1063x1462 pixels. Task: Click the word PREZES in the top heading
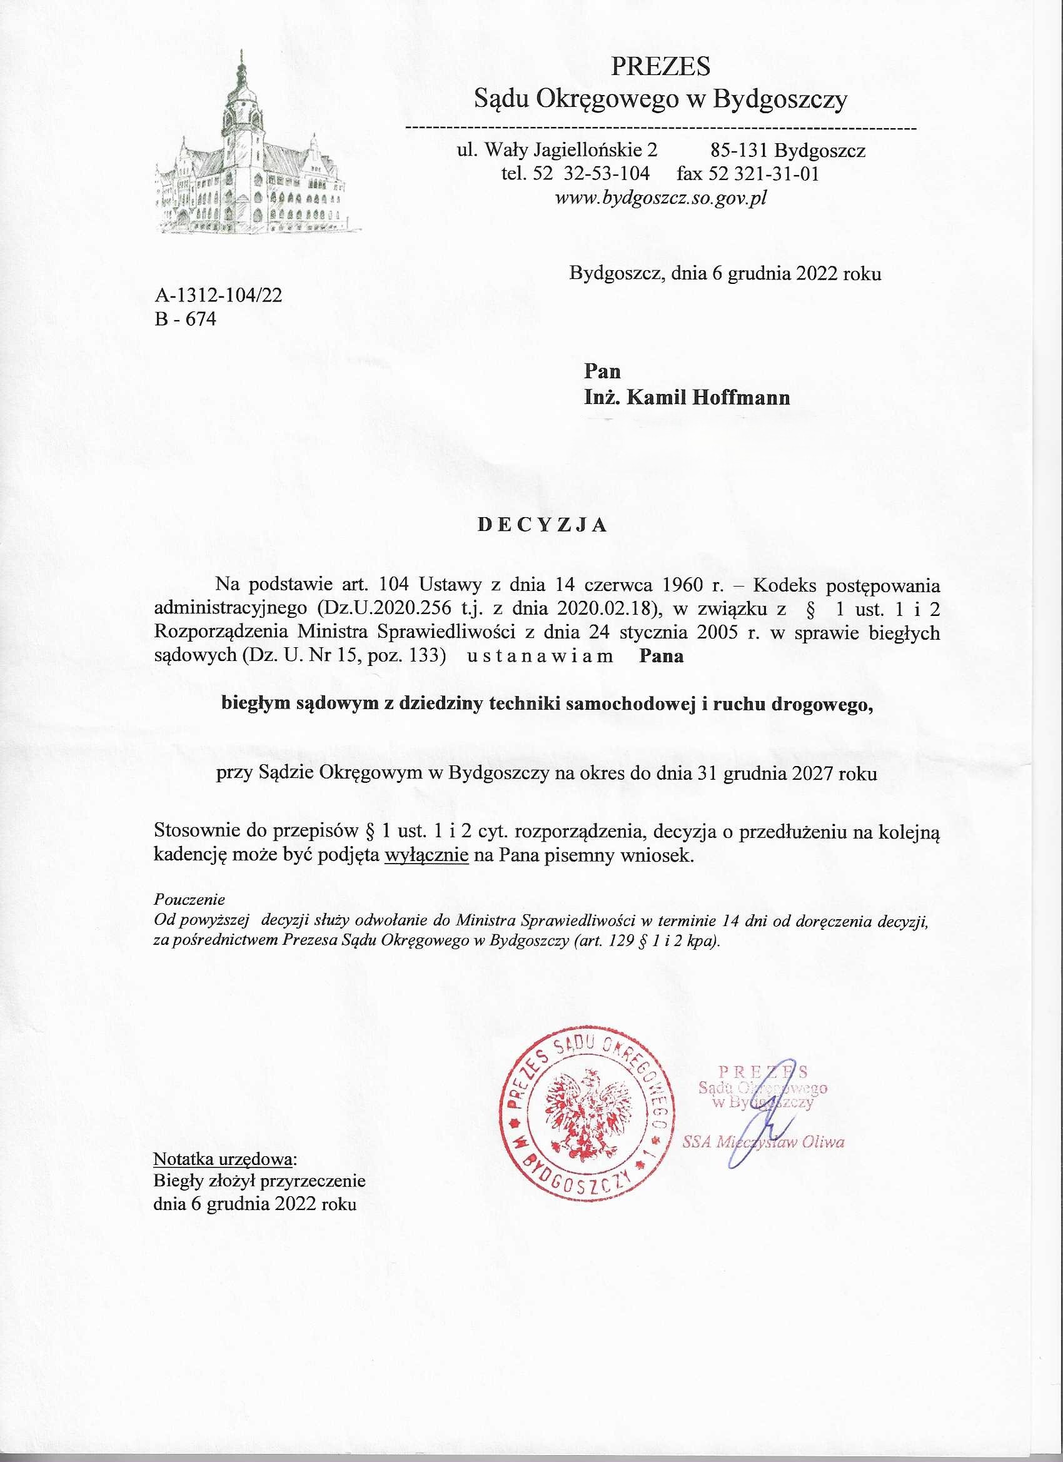coord(660,66)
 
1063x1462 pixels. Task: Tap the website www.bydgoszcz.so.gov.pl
coord(661,198)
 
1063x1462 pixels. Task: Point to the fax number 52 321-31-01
coord(764,174)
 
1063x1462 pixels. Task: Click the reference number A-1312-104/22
coord(218,295)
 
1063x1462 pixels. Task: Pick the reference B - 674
coord(186,319)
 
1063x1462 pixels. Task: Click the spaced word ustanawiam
coord(538,657)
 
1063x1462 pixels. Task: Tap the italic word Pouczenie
coord(189,898)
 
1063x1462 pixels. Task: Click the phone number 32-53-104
coord(607,174)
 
